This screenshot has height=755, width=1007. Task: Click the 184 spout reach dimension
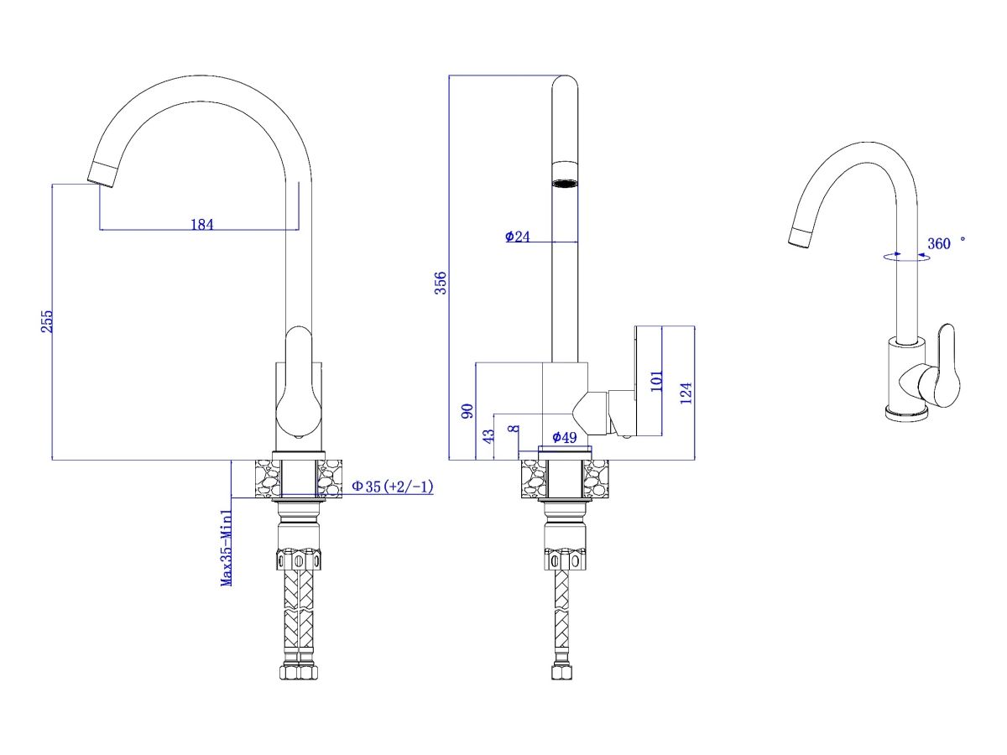pos(202,225)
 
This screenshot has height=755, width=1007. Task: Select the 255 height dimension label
pos(47,321)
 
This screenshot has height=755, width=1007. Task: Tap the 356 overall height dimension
pos(440,283)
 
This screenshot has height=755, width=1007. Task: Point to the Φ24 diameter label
pos(517,237)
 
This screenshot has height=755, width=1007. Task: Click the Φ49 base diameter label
pos(564,437)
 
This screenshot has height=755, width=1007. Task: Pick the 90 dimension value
pos(467,411)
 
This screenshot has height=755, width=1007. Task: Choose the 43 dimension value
pos(489,436)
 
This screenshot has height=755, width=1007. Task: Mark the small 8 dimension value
pos(514,429)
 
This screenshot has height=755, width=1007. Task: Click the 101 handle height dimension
pos(656,381)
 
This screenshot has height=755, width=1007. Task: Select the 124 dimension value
pos(686,393)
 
